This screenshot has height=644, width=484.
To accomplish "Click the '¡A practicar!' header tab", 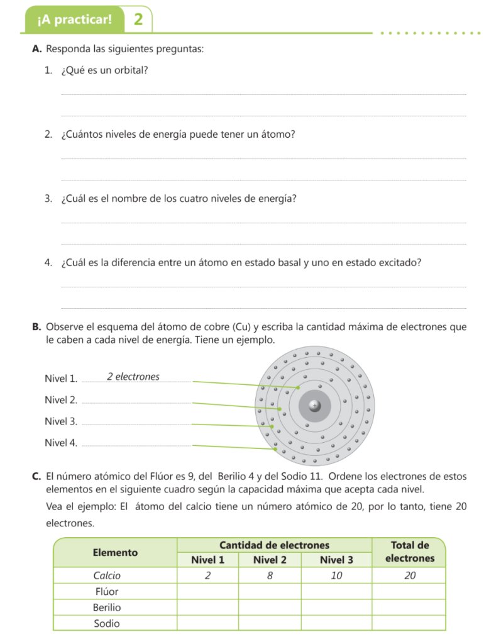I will [x=74, y=19].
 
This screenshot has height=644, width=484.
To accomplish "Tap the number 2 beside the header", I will [x=138, y=19].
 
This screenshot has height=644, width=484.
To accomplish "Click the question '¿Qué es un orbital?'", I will [x=104, y=70].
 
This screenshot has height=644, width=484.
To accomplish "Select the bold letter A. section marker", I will [x=36, y=49].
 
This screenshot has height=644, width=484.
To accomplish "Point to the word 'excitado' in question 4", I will [x=401, y=263].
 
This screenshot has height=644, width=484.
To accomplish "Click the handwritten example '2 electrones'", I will [x=133, y=377].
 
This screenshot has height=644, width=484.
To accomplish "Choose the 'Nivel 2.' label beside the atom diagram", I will [x=61, y=400].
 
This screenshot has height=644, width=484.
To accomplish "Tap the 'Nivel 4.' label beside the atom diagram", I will [x=61, y=443].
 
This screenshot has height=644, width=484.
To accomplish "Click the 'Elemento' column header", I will [x=115, y=552].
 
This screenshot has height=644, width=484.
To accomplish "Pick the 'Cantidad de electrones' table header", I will [x=274, y=545].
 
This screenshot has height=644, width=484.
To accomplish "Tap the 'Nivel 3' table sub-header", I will [x=336, y=560].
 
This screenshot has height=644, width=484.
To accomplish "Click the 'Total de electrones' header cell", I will [x=409, y=552].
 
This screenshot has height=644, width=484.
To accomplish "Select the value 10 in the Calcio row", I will [x=336, y=575].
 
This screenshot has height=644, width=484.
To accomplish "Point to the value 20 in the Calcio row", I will [x=409, y=575].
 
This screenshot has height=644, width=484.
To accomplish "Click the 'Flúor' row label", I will [x=106, y=592].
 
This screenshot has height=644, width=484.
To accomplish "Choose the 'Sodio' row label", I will [x=106, y=623].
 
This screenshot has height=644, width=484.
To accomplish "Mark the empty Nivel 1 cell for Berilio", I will [x=207, y=608].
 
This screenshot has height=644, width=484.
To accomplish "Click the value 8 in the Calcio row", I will [x=270, y=575].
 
